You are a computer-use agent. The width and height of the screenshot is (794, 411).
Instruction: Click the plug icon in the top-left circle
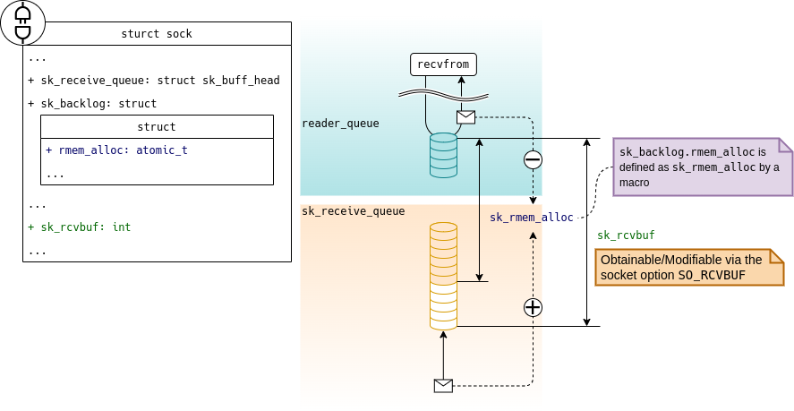(x=22, y=22)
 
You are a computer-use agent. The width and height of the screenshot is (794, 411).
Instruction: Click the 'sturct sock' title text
(x=157, y=35)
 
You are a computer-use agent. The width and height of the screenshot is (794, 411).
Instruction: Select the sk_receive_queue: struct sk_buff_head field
(x=154, y=81)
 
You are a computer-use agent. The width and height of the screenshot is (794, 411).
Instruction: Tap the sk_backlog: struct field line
(x=92, y=104)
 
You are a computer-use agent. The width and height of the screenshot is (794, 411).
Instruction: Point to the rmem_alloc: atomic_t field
(x=116, y=150)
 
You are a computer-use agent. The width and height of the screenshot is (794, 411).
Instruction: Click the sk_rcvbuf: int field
(x=80, y=227)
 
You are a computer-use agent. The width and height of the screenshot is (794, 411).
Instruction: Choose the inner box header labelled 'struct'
(x=157, y=127)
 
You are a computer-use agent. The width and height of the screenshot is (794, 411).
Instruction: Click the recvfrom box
(x=444, y=64)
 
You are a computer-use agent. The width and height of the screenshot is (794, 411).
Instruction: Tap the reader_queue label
(x=340, y=124)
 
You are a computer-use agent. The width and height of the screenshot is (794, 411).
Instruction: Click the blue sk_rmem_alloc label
(x=532, y=218)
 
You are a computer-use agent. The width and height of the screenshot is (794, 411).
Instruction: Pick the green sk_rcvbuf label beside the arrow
(x=626, y=235)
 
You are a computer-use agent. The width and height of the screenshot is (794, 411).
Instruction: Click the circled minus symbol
(x=533, y=160)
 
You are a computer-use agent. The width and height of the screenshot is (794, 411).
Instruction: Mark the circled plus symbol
(x=533, y=307)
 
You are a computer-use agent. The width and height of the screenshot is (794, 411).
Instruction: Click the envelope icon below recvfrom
(x=465, y=117)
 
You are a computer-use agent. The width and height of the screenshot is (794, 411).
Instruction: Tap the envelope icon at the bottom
(x=443, y=386)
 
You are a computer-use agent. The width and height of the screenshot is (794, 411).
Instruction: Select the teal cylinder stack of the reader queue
(x=443, y=155)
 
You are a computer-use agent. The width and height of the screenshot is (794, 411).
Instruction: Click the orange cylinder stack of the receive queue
(x=443, y=277)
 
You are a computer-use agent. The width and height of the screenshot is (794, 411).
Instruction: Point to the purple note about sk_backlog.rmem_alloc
(x=702, y=167)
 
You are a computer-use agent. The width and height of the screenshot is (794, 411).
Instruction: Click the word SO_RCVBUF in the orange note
(x=711, y=275)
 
